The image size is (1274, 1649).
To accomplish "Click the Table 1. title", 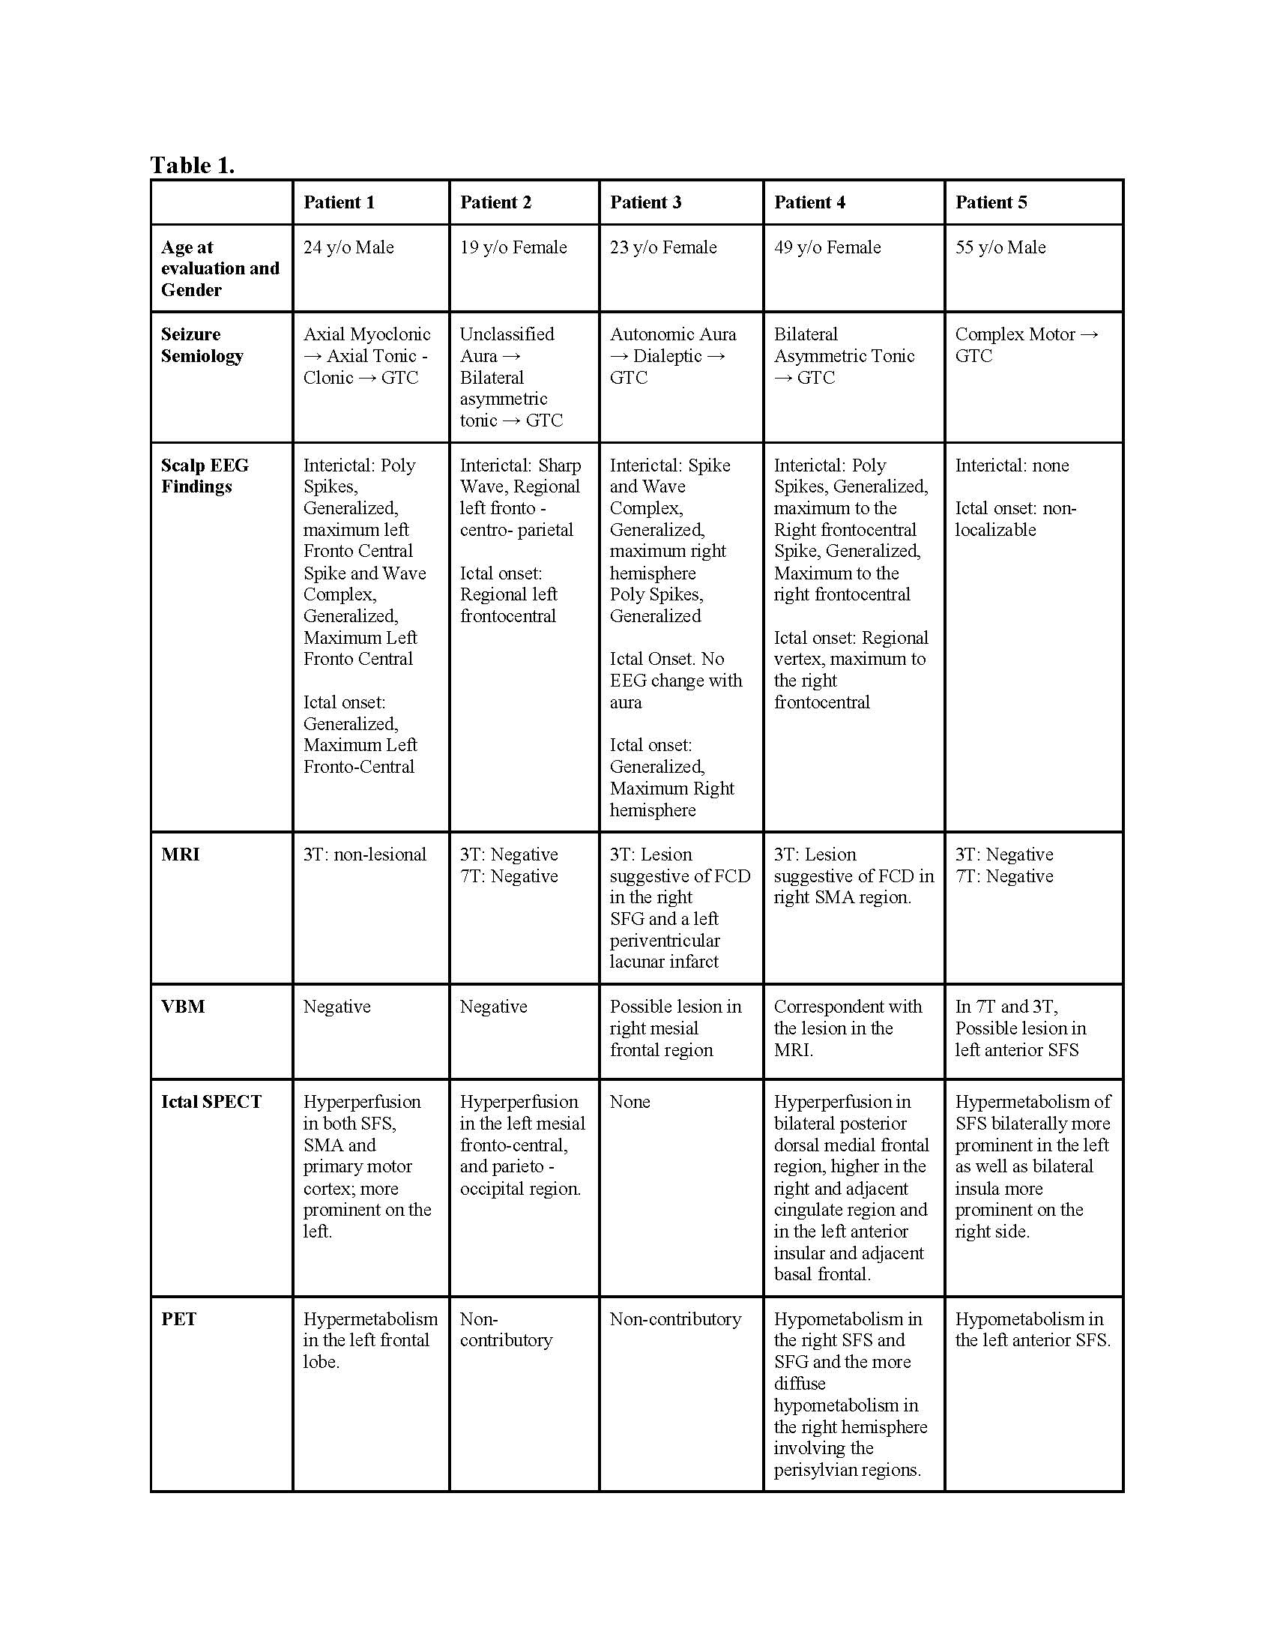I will click(193, 165).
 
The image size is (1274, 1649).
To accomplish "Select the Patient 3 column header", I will click(645, 202).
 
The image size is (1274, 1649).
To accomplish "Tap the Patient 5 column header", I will click(991, 202).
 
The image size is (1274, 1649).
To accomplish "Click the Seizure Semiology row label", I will click(202, 345).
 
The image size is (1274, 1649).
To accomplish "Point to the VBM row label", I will click(183, 1007).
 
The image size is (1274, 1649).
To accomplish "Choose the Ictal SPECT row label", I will click(211, 1102).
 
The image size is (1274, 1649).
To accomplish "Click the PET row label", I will click(178, 1319).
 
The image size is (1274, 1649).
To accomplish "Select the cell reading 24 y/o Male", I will click(348, 247).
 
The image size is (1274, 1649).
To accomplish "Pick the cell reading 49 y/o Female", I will click(827, 247).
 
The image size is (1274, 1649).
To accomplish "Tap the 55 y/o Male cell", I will click(1000, 247).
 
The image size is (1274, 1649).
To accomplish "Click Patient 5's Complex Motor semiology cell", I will click(1026, 345).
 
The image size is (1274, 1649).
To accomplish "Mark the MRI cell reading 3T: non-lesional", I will click(364, 854).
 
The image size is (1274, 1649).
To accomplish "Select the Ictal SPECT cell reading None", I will click(630, 1102).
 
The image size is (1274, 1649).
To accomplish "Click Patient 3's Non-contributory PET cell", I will click(674, 1319).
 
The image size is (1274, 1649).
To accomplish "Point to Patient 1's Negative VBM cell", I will click(336, 1007).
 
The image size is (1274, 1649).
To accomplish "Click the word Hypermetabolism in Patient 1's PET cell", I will click(369, 1319).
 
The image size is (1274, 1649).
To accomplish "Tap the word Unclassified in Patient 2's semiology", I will click(507, 334).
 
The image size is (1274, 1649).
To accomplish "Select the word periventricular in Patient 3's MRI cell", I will click(664, 941).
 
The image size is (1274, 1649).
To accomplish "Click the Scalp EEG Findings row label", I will click(204, 476).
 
